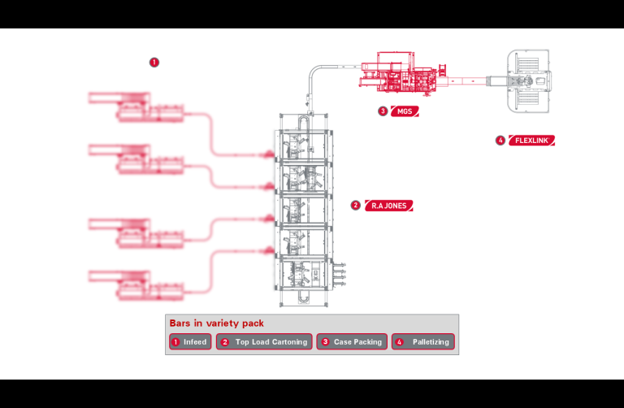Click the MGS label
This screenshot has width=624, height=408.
[404, 111]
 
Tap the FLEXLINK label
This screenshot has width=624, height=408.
[532, 141]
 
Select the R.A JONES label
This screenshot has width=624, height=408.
[388, 206]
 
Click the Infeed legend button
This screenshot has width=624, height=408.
[190, 342]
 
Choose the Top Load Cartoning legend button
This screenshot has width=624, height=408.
[264, 342]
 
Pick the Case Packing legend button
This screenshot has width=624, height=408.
[352, 342]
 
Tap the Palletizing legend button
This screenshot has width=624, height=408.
[422, 342]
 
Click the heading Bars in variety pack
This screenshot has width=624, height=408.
[216, 323]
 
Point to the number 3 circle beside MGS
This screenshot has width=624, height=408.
[383, 111]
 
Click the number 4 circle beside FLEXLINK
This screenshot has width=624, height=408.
[500, 141]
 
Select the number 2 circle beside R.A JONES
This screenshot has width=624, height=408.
[356, 206]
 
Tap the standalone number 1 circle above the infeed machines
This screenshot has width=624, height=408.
[154, 62]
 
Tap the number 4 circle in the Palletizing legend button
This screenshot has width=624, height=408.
[399, 342]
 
